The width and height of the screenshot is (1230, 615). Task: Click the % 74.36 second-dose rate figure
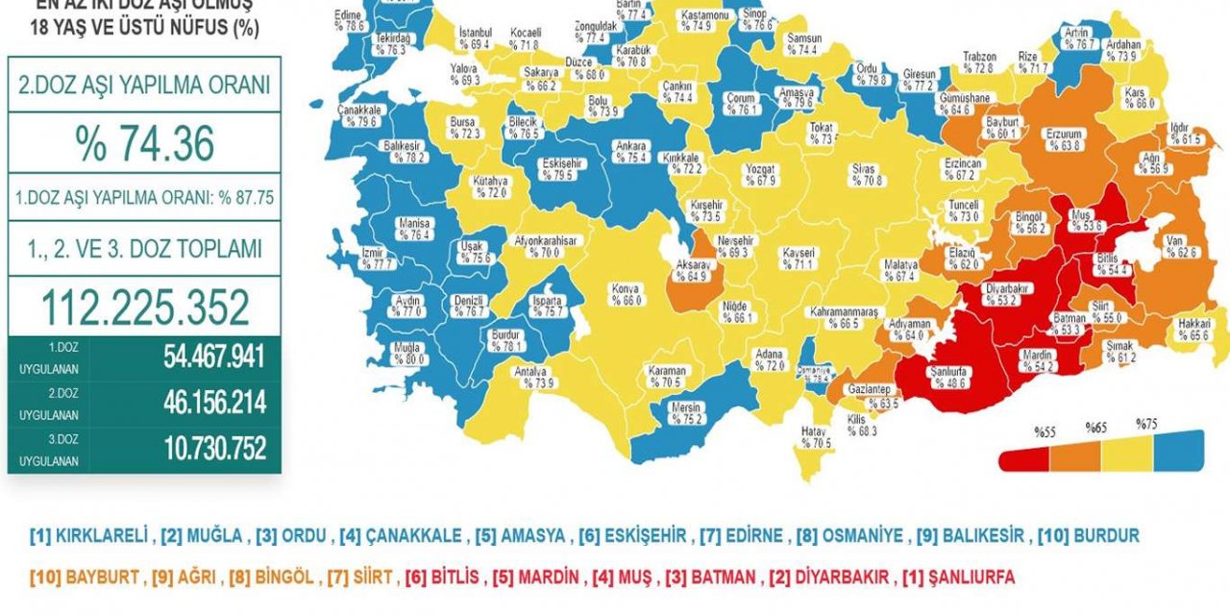pos(144,144)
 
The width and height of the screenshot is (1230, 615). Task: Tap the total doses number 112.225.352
pos(144,307)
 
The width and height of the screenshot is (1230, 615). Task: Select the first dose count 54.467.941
pos(212,357)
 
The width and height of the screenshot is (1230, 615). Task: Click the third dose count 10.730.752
pos(212,447)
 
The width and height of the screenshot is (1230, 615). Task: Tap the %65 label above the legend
pos(1095,427)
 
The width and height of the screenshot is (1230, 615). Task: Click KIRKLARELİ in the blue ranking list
pos(102,535)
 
